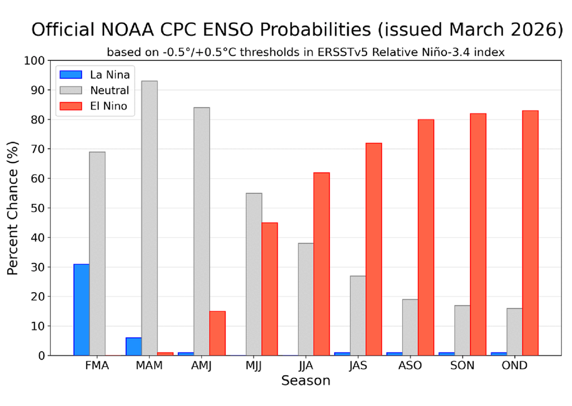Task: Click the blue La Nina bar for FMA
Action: click(82, 309)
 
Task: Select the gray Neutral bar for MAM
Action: click(149, 218)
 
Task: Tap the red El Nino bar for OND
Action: click(530, 233)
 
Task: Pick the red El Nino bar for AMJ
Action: click(217, 333)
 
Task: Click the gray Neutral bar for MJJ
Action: click(254, 274)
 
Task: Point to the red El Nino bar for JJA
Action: click(321, 264)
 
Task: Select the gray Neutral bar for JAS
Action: click(358, 315)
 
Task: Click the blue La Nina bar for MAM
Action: click(134, 346)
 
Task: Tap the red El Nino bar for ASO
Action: click(426, 237)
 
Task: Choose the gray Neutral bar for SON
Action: click(463, 330)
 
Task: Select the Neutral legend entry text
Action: click(109, 90)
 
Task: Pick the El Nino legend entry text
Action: click(109, 106)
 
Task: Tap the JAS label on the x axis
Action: click(357, 366)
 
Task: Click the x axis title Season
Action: click(306, 381)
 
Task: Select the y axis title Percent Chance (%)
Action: click(13, 208)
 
